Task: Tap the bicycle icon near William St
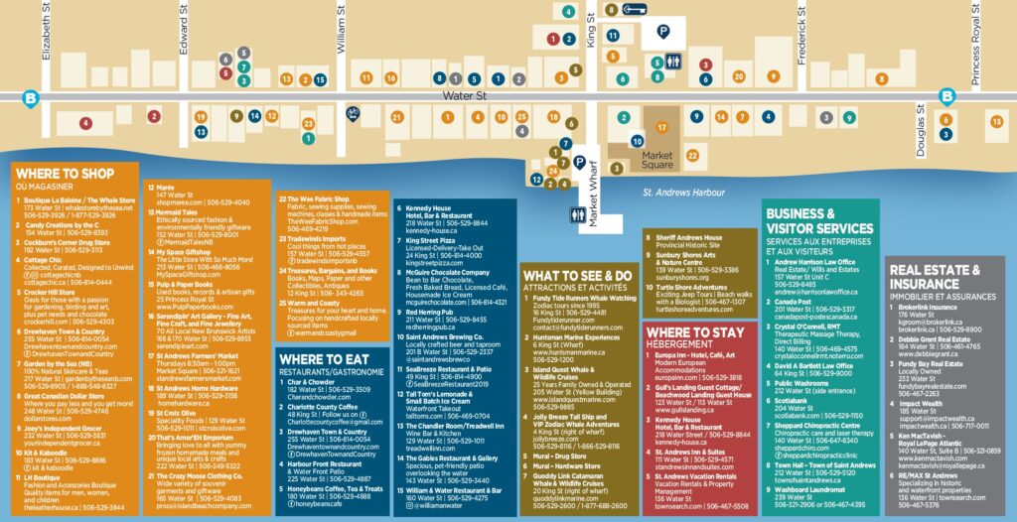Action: coord(353,113)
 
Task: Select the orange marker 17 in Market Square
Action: coord(661,128)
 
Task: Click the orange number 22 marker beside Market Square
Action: coord(692,155)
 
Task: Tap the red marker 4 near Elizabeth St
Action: coord(86,124)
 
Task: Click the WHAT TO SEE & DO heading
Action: coord(577,275)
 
